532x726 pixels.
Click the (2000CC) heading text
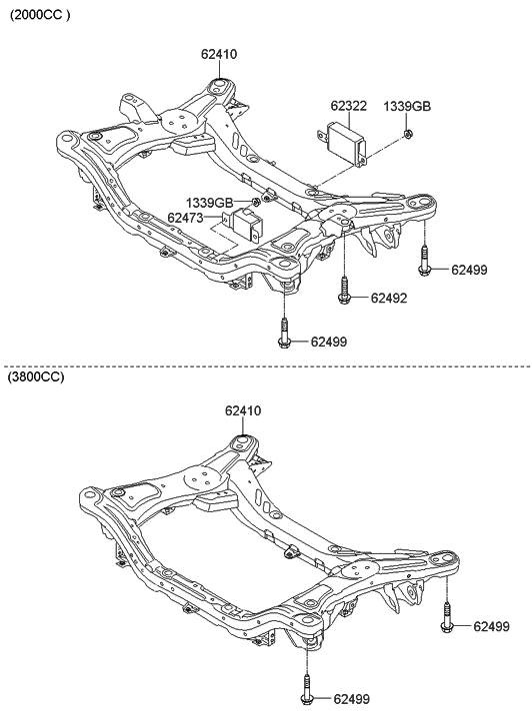(x=41, y=17)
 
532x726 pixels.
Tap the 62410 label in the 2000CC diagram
(x=218, y=54)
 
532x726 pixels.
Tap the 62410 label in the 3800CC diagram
(x=244, y=410)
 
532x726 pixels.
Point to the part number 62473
(x=186, y=217)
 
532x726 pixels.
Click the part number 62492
(x=391, y=298)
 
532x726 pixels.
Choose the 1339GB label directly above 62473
(x=203, y=202)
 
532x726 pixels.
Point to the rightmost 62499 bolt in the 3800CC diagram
(x=446, y=618)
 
